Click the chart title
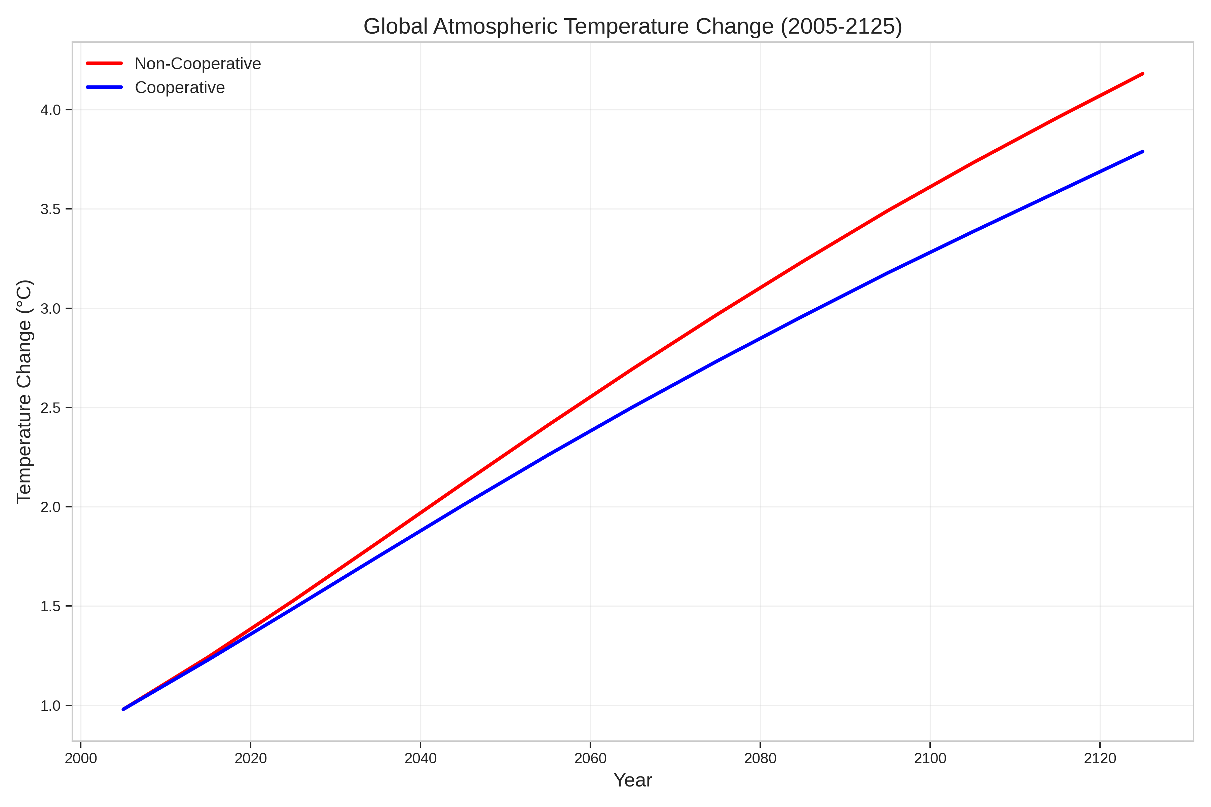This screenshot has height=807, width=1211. point(632,27)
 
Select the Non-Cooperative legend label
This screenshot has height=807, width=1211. point(198,64)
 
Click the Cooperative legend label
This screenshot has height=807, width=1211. point(180,87)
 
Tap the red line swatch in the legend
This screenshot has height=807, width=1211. point(105,63)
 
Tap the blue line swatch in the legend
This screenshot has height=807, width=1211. point(105,87)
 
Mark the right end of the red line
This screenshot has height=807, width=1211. point(1142,74)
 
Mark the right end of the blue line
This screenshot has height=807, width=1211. point(1142,152)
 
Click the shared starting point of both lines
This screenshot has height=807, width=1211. point(123,709)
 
